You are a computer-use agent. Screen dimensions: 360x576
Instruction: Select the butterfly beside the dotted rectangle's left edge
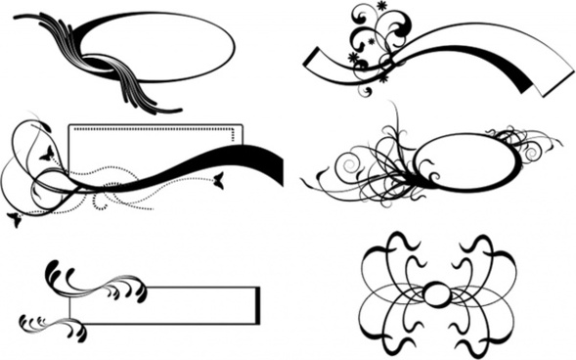tap(46, 153)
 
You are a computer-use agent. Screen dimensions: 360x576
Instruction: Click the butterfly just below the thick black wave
tap(218, 179)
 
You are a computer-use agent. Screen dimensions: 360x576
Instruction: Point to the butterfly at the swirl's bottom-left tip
tap(13, 218)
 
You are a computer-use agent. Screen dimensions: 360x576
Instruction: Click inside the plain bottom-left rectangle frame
tap(161, 305)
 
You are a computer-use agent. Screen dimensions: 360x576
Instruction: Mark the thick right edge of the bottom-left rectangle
tap(258, 305)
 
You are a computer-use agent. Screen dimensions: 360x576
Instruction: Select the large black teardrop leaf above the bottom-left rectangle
tap(52, 271)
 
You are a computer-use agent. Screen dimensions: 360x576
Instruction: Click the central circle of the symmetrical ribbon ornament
tap(437, 293)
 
